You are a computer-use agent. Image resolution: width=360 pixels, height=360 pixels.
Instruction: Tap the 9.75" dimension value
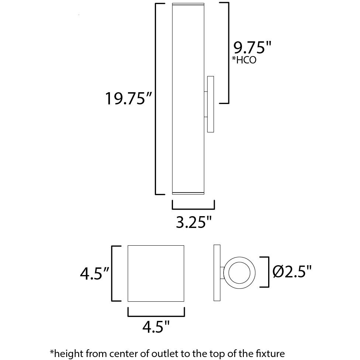point(252,48)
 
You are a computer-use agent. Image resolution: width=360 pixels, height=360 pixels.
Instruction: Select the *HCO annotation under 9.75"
point(244,60)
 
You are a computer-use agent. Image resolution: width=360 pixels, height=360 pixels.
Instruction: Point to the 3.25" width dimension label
point(193,222)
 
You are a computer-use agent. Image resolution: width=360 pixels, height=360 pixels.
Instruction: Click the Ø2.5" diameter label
point(292,272)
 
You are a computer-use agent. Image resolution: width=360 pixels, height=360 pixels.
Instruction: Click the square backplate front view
point(156,273)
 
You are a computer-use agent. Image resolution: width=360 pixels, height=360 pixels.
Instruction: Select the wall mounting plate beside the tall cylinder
point(211,104)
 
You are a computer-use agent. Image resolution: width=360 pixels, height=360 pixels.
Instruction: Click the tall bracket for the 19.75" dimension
point(155,98)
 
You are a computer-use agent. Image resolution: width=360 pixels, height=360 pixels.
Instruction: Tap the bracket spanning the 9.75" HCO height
point(228,53)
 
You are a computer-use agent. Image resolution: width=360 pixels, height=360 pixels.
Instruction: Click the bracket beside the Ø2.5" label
point(267,272)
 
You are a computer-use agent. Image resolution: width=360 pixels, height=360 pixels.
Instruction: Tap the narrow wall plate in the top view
point(217,273)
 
